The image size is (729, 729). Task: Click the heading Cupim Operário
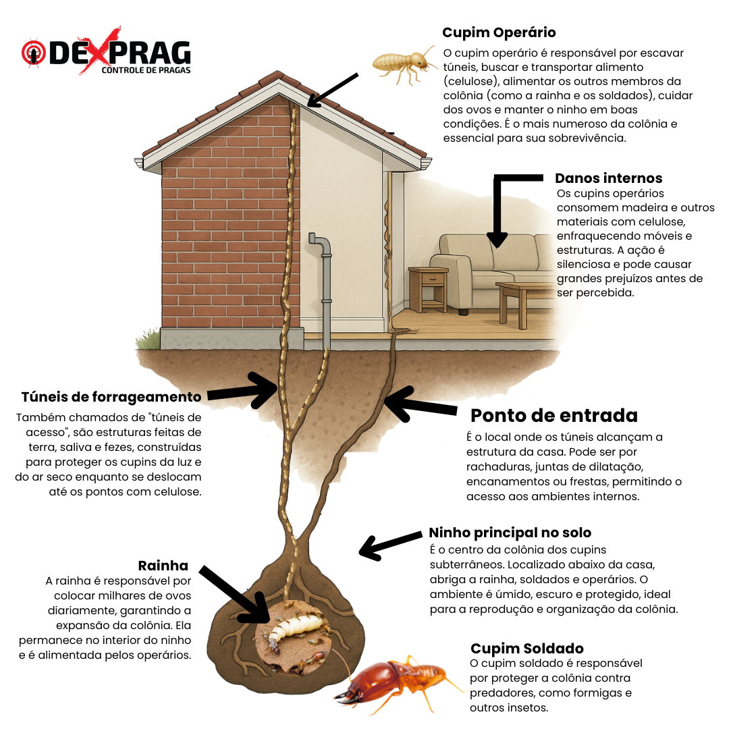pos(499,32)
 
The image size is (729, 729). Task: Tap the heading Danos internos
pos(609,178)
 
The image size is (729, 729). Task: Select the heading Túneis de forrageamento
pos(111,397)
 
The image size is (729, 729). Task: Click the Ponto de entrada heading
pos(553,415)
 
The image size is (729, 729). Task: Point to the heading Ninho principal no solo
pos(510,533)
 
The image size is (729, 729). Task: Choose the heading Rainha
pos(163,566)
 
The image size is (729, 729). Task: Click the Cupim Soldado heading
pos(526,648)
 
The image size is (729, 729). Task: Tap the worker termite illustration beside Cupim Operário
pos(404,65)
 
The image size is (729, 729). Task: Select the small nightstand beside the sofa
pos(428,289)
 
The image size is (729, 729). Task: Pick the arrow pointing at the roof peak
pos(333,89)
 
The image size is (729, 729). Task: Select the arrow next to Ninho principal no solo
pos(391,545)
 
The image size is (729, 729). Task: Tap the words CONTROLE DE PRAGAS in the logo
pos(146,70)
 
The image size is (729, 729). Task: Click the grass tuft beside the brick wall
pos(148,340)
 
